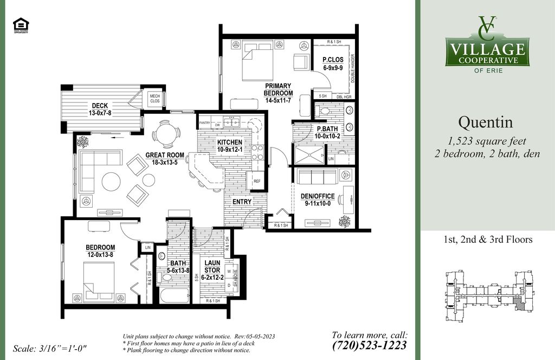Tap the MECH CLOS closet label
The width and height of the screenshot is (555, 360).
(x=154, y=98)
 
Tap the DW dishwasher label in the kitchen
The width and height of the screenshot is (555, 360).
(x=217, y=125)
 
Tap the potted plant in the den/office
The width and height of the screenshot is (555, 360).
(x=344, y=221)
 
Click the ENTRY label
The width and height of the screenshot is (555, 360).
(x=242, y=202)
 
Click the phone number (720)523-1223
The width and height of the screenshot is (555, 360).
(x=369, y=345)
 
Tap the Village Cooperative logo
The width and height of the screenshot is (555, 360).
(x=487, y=44)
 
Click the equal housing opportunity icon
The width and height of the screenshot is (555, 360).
(x=21, y=25)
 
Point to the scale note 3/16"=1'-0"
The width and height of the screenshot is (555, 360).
(x=49, y=348)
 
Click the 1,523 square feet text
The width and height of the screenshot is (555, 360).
(x=487, y=142)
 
